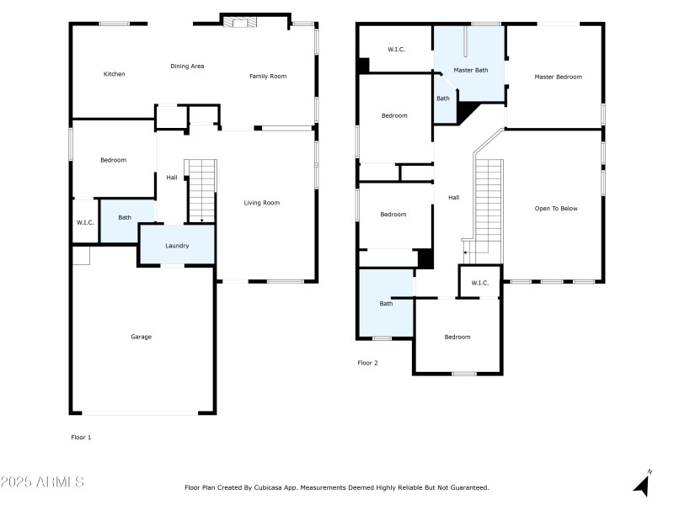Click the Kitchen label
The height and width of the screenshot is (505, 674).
click(x=114, y=74)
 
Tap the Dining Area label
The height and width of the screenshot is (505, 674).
click(x=187, y=66)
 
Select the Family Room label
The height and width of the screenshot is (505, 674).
click(x=268, y=77)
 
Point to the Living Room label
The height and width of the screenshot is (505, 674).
click(x=261, y=203)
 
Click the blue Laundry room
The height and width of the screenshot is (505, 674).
click(x=177, y=245)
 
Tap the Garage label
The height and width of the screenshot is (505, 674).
click(x=141, y=337)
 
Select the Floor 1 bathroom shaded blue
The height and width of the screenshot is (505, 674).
click(x=125, y=218)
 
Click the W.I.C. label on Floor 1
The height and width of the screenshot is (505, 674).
click(x=84, y=222)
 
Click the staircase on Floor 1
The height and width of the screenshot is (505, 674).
click(x=201, y=191)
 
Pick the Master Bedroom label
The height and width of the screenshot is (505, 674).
click(x=558, y=77)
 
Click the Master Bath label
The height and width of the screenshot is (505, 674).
click(x=470, y=70)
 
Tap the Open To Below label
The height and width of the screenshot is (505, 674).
click(x=556, y=209)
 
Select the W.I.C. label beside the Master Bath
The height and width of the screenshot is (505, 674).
click(x=396, y=50)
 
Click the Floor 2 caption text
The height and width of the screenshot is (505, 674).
click(x=367, y=363)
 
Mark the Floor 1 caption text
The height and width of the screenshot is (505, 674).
click(x=80, y=437)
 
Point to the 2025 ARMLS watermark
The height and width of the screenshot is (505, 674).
click(x=42, y=482)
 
